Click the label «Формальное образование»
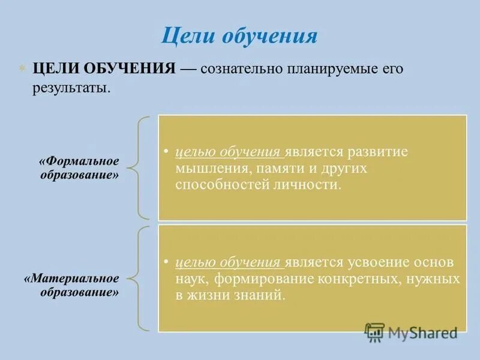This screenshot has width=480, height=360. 80,168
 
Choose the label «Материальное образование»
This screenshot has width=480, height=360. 72,286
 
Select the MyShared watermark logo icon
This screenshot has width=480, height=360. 375,332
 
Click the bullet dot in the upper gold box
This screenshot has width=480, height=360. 166,152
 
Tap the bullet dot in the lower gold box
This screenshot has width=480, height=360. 166,263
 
